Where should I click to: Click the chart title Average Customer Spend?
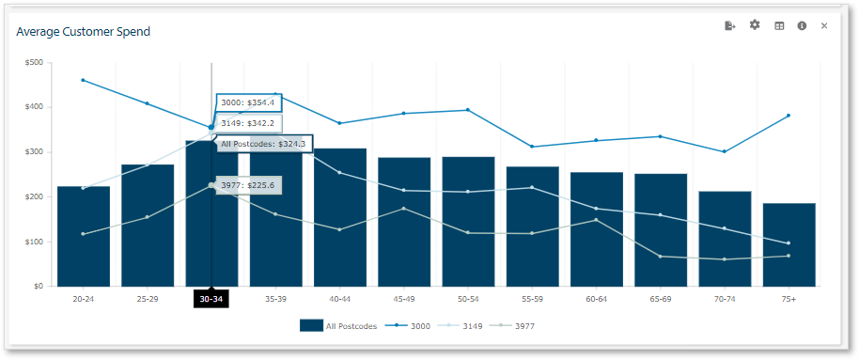pos(83,32)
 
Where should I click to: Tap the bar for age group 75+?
pos(789,244)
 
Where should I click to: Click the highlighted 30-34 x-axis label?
pos(211,299)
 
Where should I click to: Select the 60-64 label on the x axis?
pos(596,299)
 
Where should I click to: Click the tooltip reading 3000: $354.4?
pos(248,102)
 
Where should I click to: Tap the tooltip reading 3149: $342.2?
pos(248,123)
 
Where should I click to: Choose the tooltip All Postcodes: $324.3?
pos(264,144)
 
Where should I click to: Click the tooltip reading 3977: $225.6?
pos(248,185)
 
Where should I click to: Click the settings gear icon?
pos(755,25)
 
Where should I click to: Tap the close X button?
pos(824,25)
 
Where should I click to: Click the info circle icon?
pos(802,25)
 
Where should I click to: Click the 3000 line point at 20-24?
pos(84,80)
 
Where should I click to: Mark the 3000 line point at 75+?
pos(789,116)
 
